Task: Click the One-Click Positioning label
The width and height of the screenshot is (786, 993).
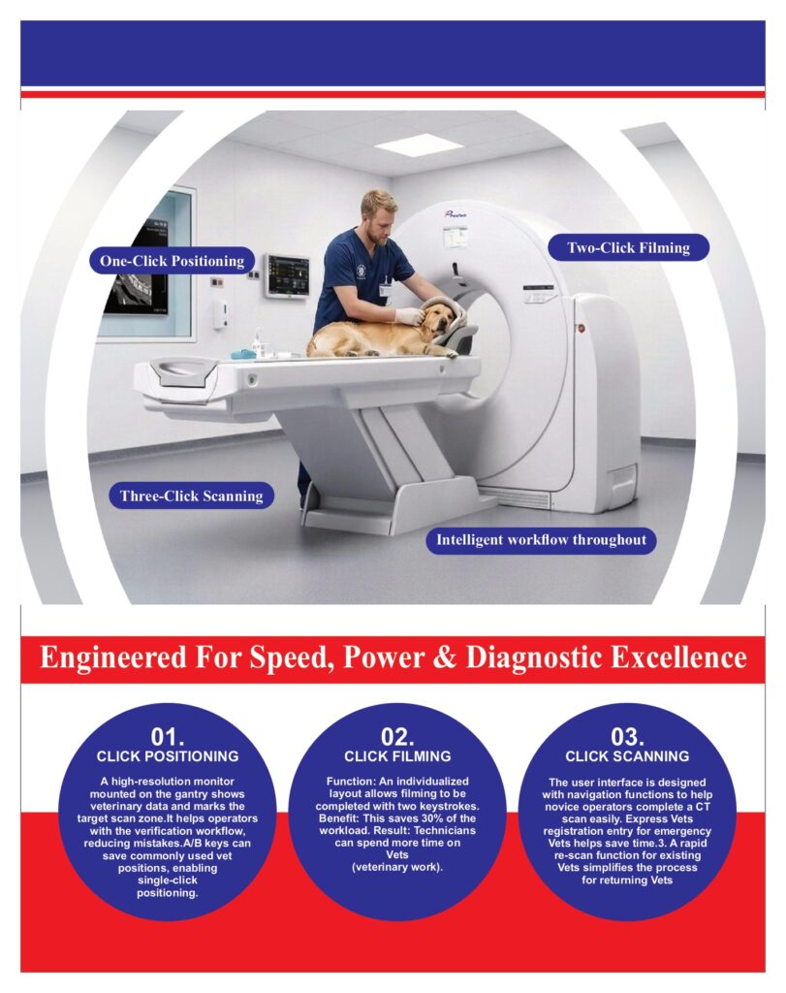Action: click(x=173, y=261)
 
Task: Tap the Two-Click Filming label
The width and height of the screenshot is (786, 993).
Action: click(x=628, y=247)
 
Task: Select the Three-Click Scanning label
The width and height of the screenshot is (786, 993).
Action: click(x=191, y=496)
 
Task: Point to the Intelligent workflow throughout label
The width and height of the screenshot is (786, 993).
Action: click(x=541, y=540)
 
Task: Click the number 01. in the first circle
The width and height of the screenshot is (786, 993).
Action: click(x=167, y=737)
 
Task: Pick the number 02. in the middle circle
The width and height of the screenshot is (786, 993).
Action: click(x=397, y=737)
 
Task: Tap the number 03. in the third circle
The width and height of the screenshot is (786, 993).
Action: click(x=627, y=737)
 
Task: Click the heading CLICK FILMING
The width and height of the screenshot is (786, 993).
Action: click(x=397, y=756)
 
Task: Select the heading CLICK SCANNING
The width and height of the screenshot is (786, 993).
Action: click(x=627, y=756)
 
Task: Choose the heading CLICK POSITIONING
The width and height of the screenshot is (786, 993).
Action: click(x=168, y=756)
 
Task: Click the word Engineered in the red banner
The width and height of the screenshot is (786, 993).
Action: click(x=114, y=658)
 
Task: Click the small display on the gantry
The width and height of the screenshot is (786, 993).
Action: click(x=456, y=239)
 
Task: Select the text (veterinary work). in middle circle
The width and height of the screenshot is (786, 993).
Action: click(x=397, y=867)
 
